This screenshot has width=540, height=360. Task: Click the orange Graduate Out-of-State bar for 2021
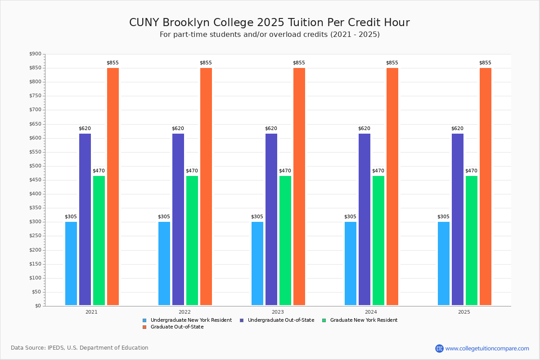point(113,186)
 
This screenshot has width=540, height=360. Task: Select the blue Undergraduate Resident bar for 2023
point(257,264)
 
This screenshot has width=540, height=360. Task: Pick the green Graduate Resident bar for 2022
point(192,240)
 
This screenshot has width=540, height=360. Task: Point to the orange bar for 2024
point(392,186)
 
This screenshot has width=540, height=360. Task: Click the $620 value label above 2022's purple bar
point(178,129)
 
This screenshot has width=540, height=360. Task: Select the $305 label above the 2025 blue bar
point(443,217)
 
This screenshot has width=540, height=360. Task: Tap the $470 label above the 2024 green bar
point(378,171)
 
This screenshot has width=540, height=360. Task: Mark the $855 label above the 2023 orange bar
point(299,63)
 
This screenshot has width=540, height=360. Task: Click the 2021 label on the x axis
point(91,311)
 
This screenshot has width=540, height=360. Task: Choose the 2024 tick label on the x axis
point(371,311)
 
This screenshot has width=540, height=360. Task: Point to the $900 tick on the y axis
point(35,54)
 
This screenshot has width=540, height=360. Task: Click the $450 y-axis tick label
point(35,180)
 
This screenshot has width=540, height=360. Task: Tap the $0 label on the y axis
point(38,306)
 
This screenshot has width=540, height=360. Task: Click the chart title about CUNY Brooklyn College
point(270,22)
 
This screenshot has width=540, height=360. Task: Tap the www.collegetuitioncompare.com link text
point(487,348)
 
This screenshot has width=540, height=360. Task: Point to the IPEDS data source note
point(80,348)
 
